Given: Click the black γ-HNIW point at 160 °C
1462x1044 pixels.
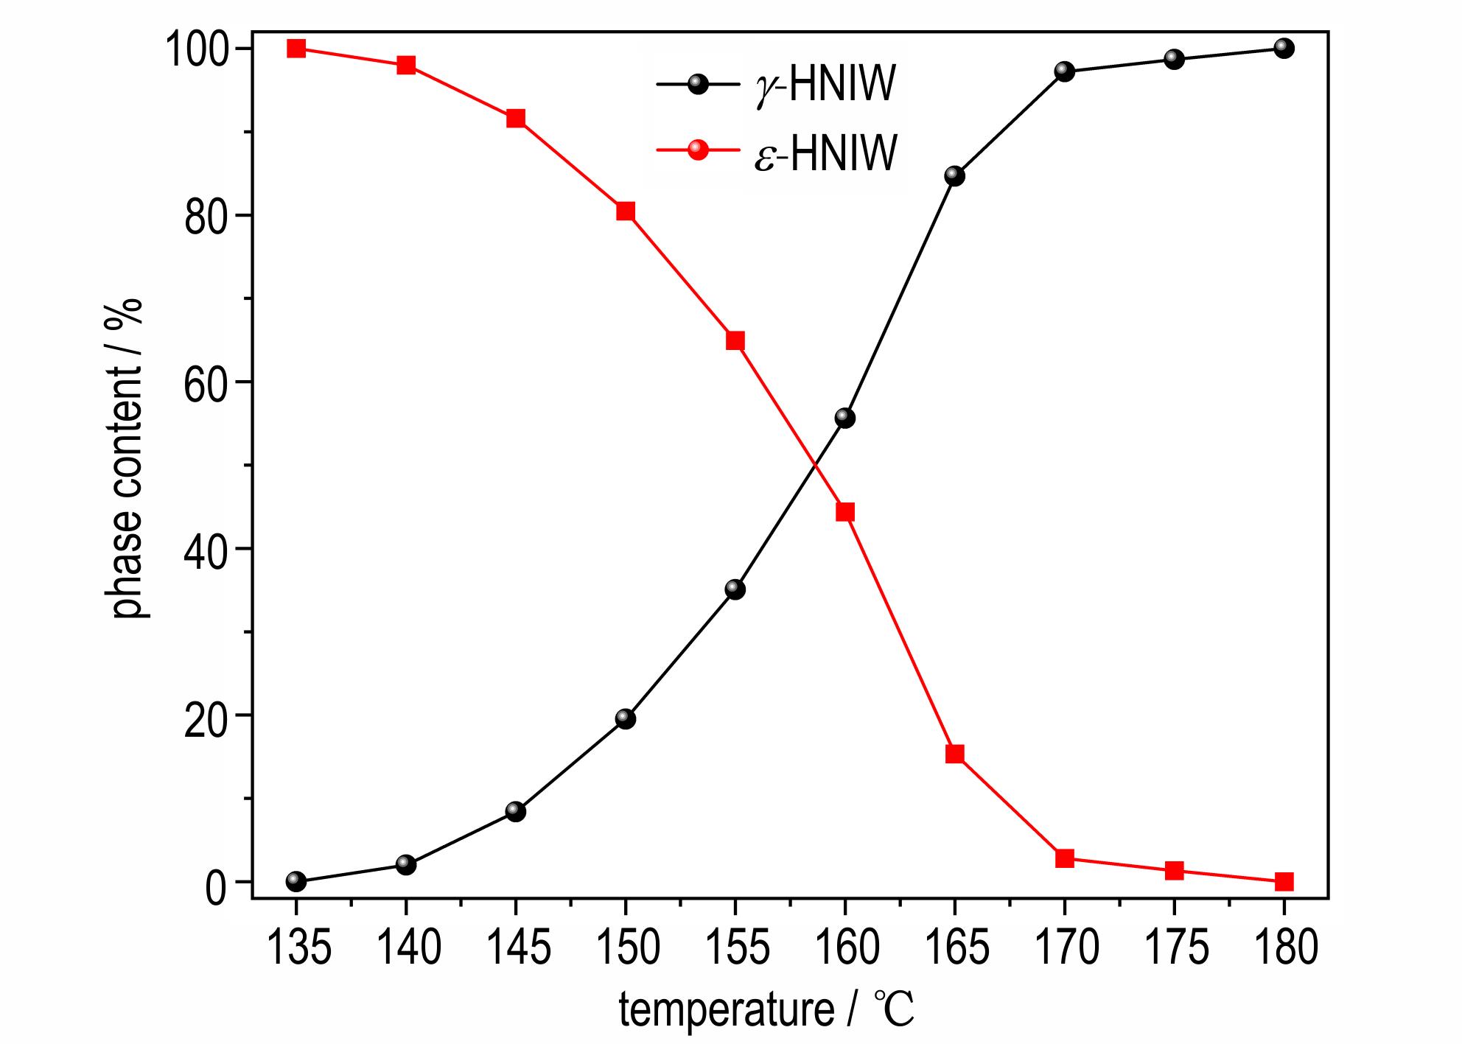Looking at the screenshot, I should [845, 418].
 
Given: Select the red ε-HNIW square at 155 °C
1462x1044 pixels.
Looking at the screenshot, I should [735, 340].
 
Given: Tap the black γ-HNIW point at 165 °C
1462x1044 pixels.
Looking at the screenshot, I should [955, 176].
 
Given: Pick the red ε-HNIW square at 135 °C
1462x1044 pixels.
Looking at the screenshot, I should [296, 49].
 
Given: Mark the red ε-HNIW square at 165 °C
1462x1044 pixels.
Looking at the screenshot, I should [955, 754].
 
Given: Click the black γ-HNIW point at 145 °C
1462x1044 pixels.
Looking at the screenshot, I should [516, 812].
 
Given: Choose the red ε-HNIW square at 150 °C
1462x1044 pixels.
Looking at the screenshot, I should [626, 211].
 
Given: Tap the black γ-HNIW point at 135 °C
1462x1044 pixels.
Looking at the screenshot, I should [296, 881].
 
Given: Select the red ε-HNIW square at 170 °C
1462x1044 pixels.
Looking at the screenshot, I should [1065, 858].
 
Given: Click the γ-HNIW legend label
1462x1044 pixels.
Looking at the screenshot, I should [825, 85].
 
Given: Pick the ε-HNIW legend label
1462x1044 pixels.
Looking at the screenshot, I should [825, 152].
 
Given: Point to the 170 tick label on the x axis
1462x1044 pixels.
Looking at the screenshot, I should [1066, 947].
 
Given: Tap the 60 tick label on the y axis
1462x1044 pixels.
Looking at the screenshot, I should [204, 383].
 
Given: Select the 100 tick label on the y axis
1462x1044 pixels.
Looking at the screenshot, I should [194, 50].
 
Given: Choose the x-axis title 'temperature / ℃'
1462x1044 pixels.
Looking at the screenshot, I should [766, 1009].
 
